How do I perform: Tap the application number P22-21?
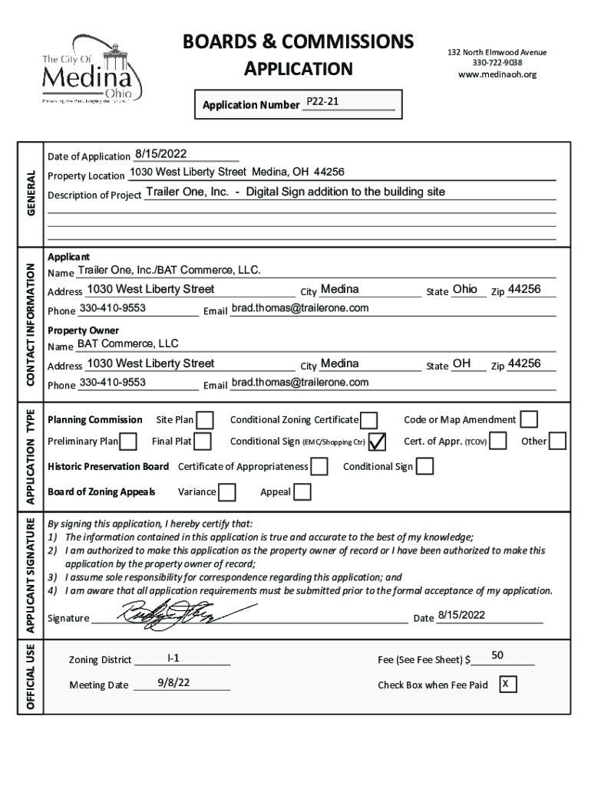click(x=322, y=102)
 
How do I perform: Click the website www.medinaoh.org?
click(x=497, y=74)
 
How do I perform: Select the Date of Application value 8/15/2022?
click(x=161, y=154)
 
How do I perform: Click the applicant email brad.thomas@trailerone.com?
click(x=300, y=308)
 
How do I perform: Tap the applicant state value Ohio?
click(x=464, y=289)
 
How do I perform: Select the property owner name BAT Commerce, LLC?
click(x=127, y=343)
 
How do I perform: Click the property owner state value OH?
click(x=461, y=363)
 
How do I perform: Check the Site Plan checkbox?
click(x=205, y=420)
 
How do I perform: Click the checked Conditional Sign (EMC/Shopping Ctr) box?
click(x=376, y=442)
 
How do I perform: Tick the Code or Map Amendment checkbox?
click(x=529, y=419)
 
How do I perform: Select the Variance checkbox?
click(x=226, y=492)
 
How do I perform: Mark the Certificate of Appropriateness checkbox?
click(x=319, y=467)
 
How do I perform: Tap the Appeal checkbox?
click(x=302, y=492)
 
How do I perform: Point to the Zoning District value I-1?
click(x=173, y=657)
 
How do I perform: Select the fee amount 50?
click(x=497, y=655)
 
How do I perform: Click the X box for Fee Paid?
click(x=507, y=684)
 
